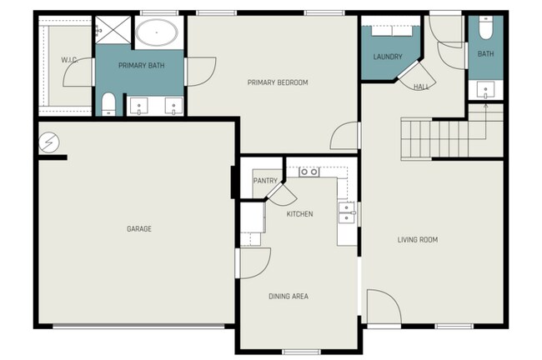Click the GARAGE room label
point(138,228)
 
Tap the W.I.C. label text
point(69,60)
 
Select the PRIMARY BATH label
point(141,65)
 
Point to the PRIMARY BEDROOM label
point(278,82)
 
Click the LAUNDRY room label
point(388,57)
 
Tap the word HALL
point(422,85)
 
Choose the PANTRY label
point(264,180)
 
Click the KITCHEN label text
point(299,214)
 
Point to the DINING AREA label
point(289,296)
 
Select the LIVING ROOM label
point(417,240)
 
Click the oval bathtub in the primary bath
point(156,34)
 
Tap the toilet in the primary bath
point(108,103)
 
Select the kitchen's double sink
point(347,213)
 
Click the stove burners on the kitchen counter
point(309,172)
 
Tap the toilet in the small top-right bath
point(485,29)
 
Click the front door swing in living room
point(383,307)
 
